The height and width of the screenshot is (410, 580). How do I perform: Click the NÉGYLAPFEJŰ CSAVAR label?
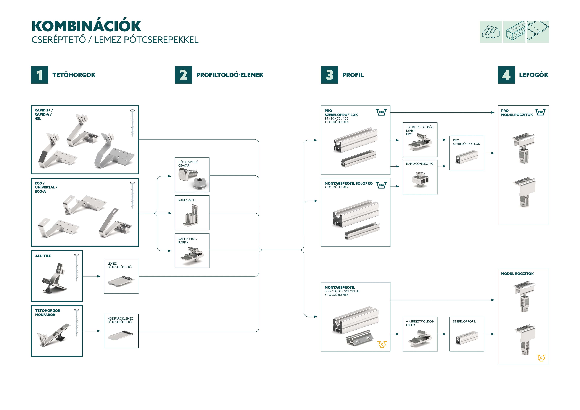coord(188,164)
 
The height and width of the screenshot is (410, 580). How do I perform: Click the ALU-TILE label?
coord(43,256)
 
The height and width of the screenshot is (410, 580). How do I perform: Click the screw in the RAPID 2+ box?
coord(132,123)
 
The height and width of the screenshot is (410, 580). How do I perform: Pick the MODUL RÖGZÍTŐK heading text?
coord(517,274)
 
